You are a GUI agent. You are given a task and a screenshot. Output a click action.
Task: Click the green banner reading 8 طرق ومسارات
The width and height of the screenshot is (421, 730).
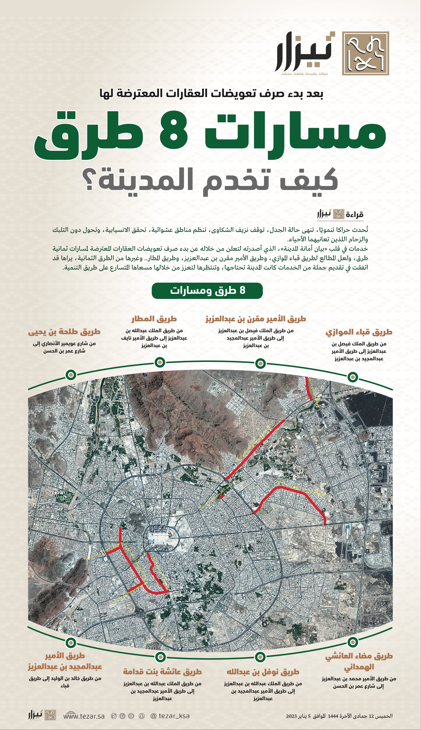coord(207,291)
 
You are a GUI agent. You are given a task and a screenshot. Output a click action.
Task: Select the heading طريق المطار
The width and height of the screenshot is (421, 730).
coord(154,319)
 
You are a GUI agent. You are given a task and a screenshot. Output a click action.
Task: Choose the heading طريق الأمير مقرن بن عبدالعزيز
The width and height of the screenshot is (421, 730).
coord(256,319)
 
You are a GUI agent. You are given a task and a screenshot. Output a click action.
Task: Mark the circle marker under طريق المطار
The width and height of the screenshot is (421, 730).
coord(160,362)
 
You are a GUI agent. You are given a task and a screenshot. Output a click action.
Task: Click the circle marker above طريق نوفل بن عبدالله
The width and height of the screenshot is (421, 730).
coord(260,657)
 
